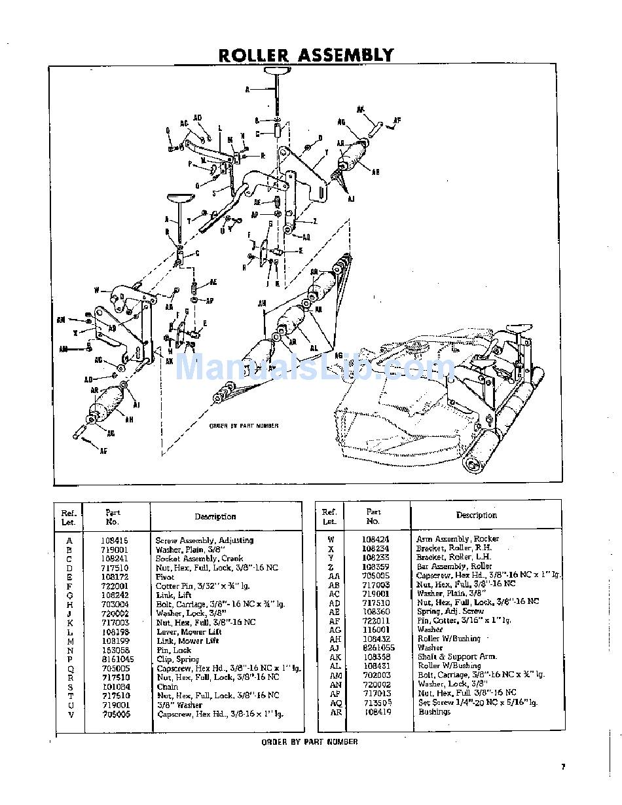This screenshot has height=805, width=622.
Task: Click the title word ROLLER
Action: (x=255, y=55)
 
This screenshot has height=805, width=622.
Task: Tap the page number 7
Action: (x=562, y=766)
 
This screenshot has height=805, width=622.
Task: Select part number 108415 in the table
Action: (x=115, y=540)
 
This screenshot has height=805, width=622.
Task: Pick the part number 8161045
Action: (x=118, y=659)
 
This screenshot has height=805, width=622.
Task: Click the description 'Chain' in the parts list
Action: (x=166, y=686)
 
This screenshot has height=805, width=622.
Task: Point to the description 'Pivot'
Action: (x=165, y=577)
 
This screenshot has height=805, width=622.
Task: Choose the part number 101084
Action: (x=115, y=686)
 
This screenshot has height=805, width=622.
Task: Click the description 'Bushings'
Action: (x=434, y=712)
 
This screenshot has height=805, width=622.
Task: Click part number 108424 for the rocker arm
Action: (x=376, y=539)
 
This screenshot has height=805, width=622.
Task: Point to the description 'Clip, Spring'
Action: (x=175, y=659)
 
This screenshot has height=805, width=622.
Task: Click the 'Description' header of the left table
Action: (x=215, y=517)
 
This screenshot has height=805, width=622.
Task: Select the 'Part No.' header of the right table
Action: (x=373, y=516)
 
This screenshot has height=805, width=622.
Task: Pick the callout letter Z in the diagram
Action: (x=314, y=221)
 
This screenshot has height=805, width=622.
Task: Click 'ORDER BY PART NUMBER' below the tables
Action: (x=310, y=742)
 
